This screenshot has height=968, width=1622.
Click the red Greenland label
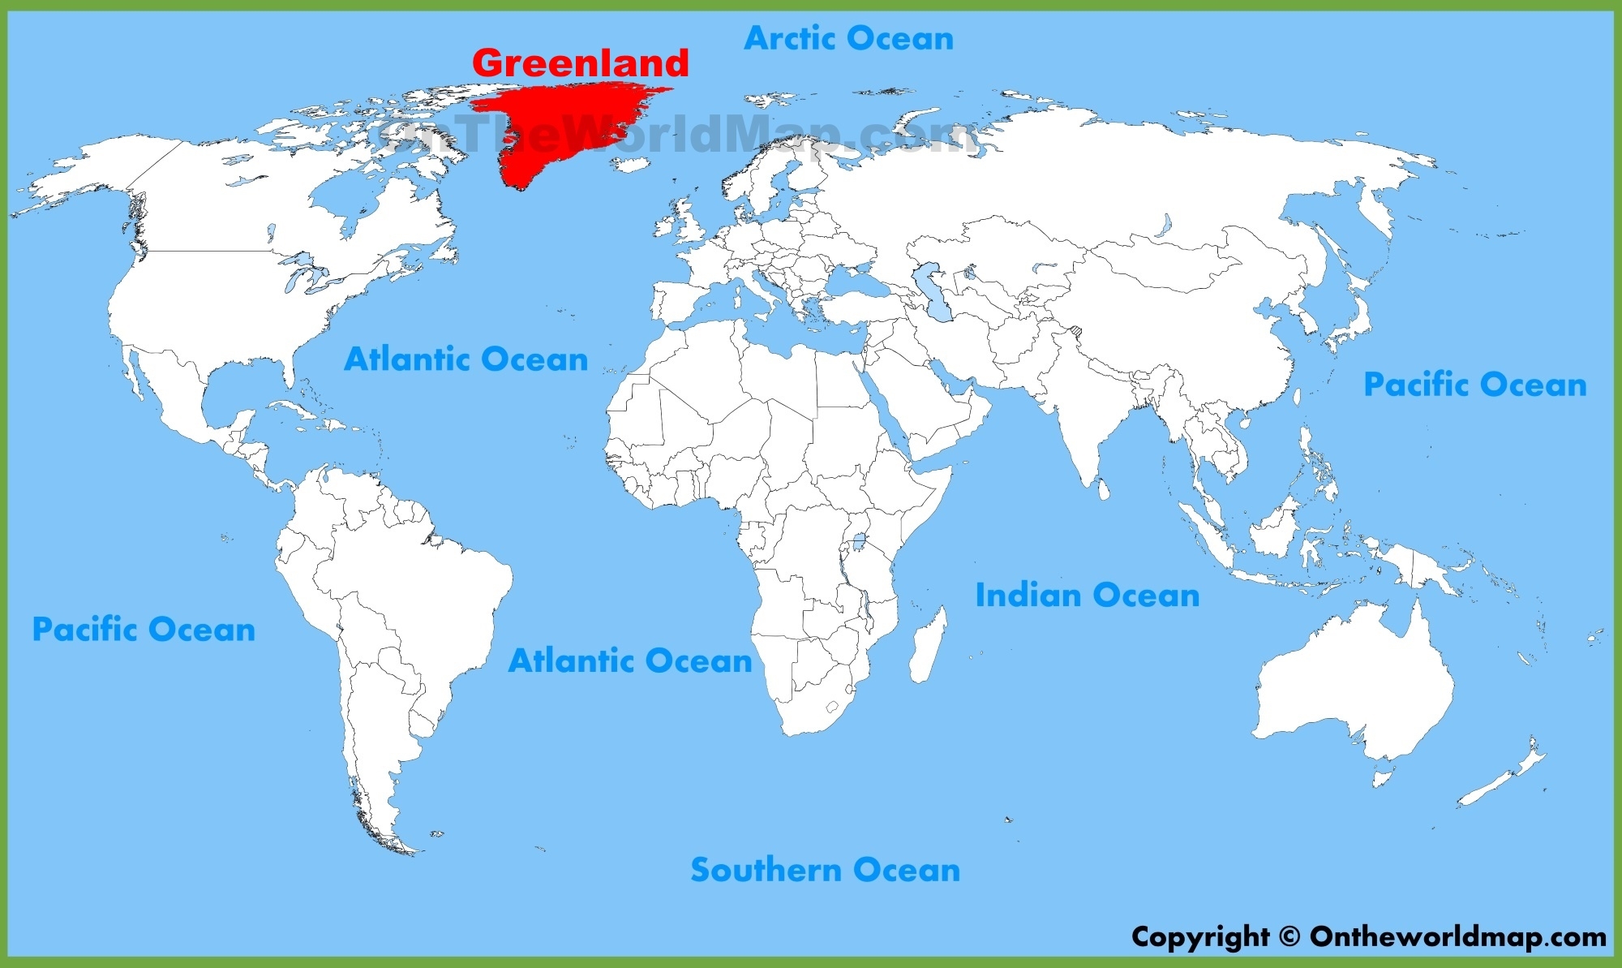click(580, 63)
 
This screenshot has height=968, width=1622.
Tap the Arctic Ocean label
click(848, 38)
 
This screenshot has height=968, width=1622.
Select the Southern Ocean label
click(825, 870)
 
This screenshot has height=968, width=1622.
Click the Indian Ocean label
click(1087, 596)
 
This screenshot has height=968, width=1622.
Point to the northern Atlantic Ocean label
click(466, 359)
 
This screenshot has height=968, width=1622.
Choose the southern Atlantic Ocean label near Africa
click(630, 660)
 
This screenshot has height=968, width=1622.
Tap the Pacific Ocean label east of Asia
click(1474, 385)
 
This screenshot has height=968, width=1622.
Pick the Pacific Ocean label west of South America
click(144, 630)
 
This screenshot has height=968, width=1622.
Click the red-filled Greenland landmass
click(560, 122)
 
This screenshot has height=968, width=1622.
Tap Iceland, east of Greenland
click(631, 165)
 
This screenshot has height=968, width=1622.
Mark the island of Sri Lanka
click(1103, 489)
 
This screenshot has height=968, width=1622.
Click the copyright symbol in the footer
click(1289, 937)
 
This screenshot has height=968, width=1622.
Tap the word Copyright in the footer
click(1200, 937)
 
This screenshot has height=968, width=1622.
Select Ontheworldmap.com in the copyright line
click(1457, 937)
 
